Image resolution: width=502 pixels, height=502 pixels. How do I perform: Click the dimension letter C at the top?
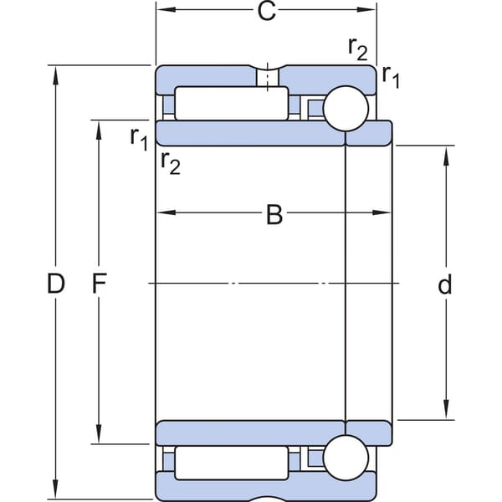click(x=266, y=12)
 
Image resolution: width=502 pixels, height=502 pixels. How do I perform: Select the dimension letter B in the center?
click(x=274, y=214)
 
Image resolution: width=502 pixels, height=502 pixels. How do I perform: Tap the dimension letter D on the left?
click(x=56, y=284)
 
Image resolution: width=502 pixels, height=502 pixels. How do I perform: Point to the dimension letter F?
click(x=99, y=284)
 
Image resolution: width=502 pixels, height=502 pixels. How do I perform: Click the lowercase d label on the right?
click(x=445, y=284)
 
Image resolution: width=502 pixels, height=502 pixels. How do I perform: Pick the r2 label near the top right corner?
click(x=357, y=49)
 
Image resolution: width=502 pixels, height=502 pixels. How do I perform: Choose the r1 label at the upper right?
click(x=391, y=77)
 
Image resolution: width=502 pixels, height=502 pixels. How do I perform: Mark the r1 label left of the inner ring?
click(x=139, y=139)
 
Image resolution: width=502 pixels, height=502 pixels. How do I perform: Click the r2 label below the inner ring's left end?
click(x=171, y=163)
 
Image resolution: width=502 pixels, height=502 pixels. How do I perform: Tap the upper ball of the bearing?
click(x=346, y=108)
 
